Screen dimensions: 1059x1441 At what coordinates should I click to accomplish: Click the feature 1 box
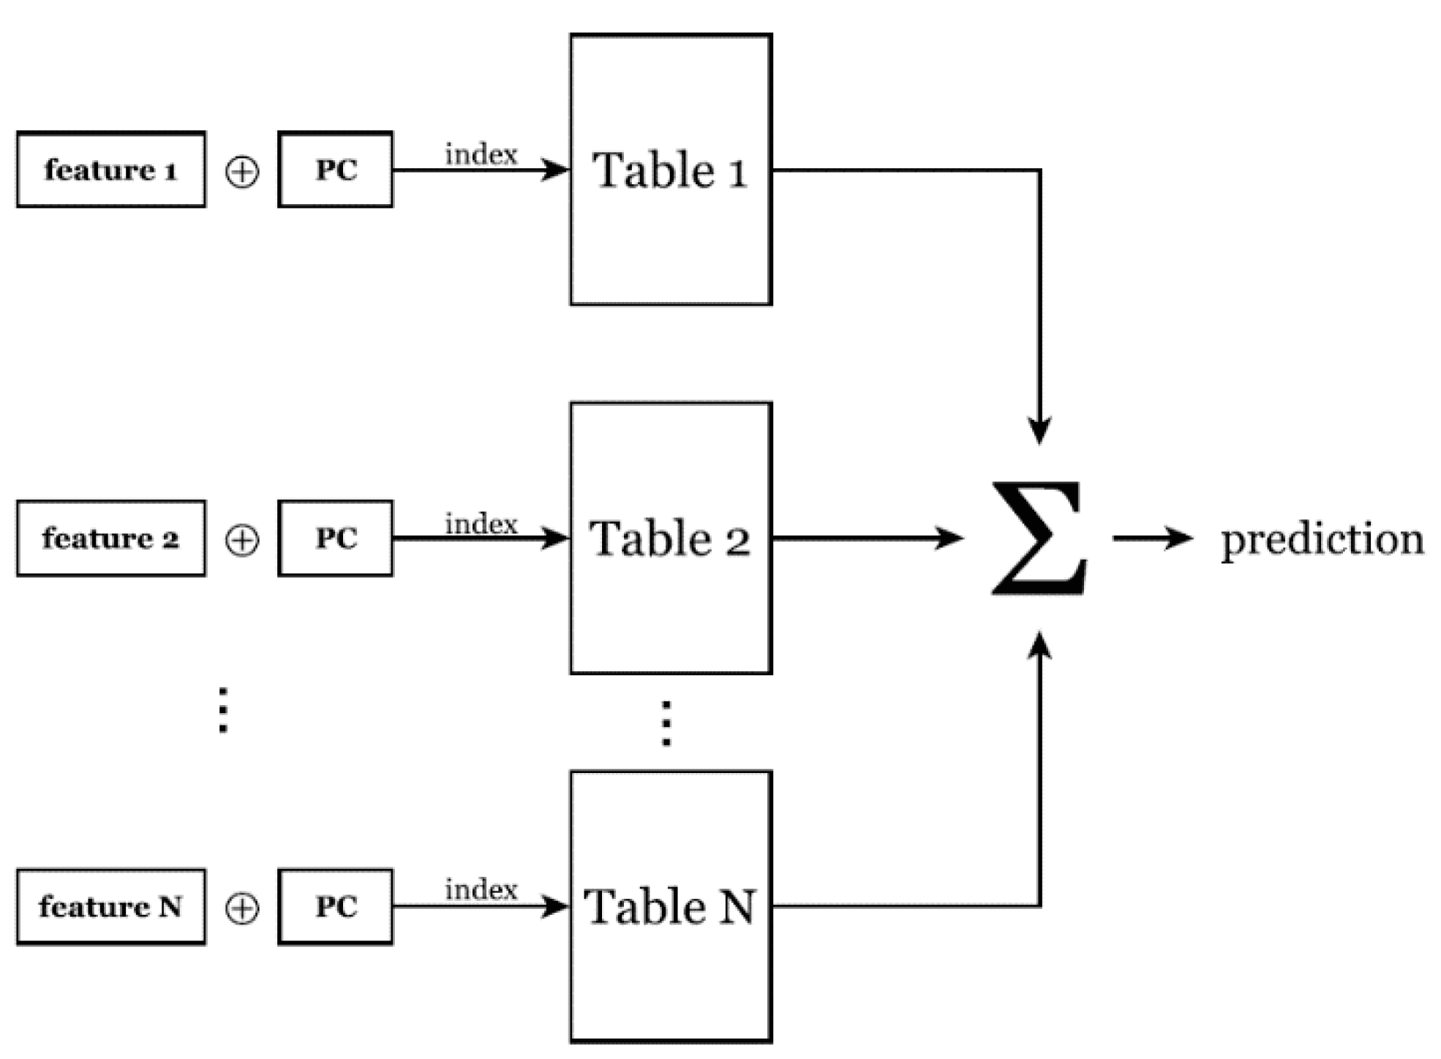point(110,170)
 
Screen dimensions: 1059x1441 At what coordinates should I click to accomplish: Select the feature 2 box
point(110,539)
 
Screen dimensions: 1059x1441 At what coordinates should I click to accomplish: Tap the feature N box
point(110,907)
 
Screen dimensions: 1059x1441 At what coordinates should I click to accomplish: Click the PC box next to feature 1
point(336,170)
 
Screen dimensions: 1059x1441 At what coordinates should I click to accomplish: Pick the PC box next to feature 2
point(336,539)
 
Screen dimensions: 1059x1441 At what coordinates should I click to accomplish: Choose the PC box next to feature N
point(336,907)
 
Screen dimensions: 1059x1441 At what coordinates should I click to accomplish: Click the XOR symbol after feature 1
point(242,173)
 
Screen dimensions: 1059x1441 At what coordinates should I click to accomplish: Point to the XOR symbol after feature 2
point(242,541)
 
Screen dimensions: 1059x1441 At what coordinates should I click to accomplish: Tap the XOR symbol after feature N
point(242,909)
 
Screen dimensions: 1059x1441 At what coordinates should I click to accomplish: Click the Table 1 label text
point(669,171)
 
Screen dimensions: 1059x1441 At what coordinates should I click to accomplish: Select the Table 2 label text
point(669,540)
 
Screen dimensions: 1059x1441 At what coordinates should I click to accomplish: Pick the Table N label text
point(669,907)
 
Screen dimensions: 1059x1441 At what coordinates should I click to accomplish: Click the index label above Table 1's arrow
point(481,154)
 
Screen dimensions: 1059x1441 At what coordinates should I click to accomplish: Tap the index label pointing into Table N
point(481,889)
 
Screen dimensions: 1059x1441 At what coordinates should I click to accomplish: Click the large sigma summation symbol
point(1039,538)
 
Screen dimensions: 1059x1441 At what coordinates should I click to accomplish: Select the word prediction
point(1323,540)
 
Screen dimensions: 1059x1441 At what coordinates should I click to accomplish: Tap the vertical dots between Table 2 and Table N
point(666,723)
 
